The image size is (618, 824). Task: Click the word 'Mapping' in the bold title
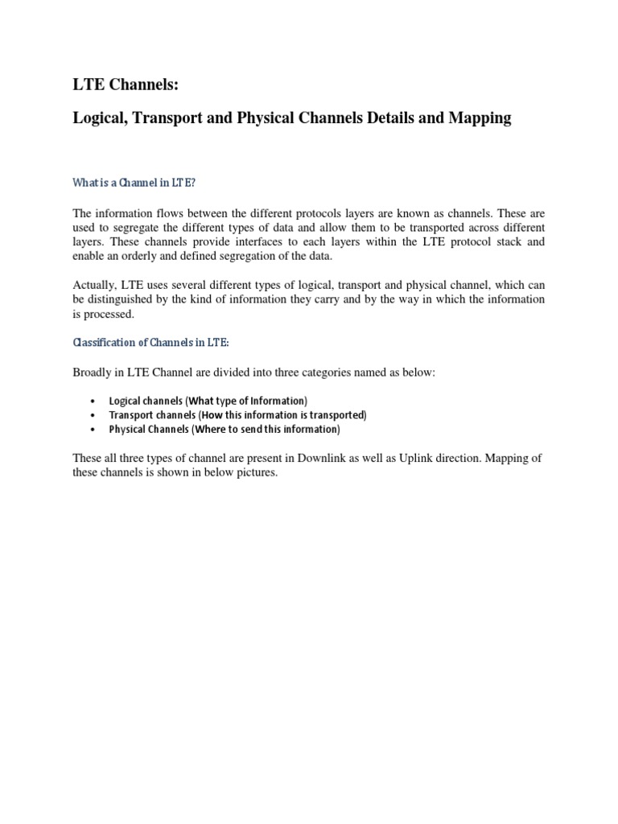(480, 118)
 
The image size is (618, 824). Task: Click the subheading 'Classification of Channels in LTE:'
(151, 342)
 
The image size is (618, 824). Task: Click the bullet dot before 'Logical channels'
(94, 402)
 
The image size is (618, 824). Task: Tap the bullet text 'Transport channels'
(146, 415)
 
